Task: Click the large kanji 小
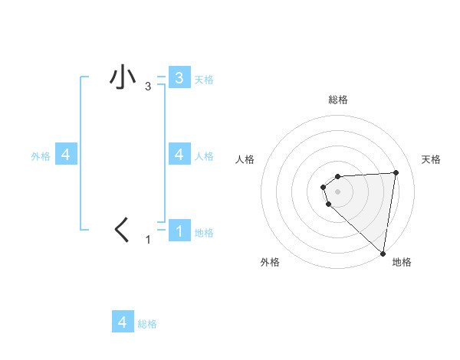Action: click(x=123, y=79)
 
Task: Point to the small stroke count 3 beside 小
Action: click(x=148, y=87)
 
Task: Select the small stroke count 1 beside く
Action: click(x=148, y=240)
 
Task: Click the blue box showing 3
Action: click(x=179, y=77)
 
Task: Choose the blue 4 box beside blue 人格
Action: click(x=179, y=154)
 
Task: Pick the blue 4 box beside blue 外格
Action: click(x=66, y=154)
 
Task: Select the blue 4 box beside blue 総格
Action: click(x=123, y=322)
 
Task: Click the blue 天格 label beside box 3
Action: click(x=204, y=80)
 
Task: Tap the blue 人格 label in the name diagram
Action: click(x=204, y=156)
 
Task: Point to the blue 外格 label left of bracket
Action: click(x=41, y=156)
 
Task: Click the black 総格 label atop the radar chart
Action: click(x=338, y=100)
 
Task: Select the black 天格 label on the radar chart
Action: click(x=432, y=159)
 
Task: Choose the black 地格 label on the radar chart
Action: click(x=402, y=262)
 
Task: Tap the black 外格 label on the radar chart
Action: click(x=270, y=262)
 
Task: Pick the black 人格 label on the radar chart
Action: click(x=245, y=159)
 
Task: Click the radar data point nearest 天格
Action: click(x=396, y=172)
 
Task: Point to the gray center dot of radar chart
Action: click(x=338, y=191)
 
